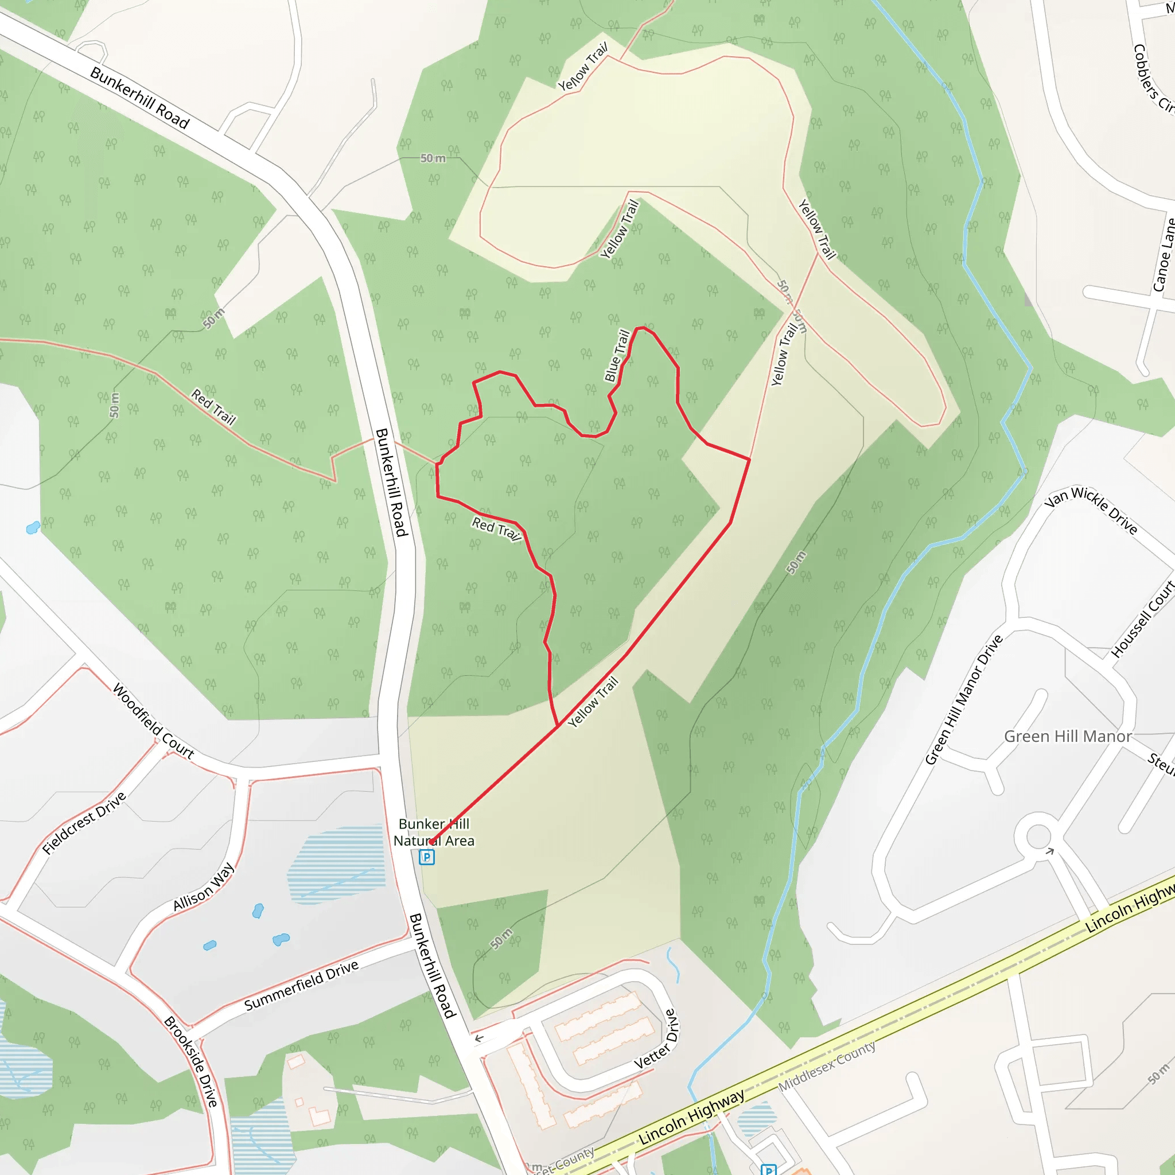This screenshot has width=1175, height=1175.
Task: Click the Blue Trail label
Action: [x=617, y=355]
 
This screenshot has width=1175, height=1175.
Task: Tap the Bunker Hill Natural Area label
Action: [x=434, y=832]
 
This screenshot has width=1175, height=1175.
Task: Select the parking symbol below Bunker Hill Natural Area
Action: [x=427, y=857]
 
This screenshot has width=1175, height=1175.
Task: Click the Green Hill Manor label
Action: [x=1067, y=737]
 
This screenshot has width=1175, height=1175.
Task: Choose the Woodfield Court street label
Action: [x=153, y=721]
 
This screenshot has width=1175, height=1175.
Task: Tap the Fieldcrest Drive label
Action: [x=84, y=823]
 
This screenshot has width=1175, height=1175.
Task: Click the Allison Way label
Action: [x=203, y=887]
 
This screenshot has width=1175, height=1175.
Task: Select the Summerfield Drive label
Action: [x=301, y=985]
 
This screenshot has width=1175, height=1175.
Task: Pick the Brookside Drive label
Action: [x=191, y=1061]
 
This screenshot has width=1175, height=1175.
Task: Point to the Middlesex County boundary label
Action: [x=827, y=1066]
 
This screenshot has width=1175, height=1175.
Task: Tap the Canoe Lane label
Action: [x=1164, y=255]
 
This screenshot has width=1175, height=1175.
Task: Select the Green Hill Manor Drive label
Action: [x=963, y=699]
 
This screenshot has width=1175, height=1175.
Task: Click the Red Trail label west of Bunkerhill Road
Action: [x=213, y=406]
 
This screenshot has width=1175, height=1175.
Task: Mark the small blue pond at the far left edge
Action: [x=33, y=527]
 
